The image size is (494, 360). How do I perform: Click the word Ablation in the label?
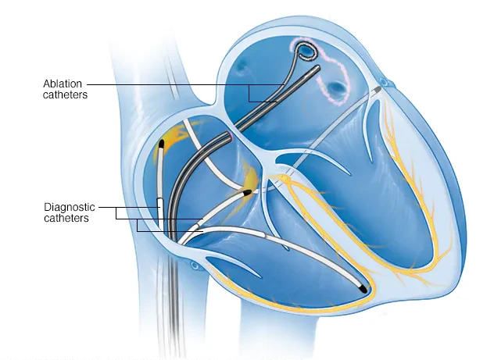[x=63, y=84]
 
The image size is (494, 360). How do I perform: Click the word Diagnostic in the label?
[x=70, y=207]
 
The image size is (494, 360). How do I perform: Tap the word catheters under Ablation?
[x=65, y=94]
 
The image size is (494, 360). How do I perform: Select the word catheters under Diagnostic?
[x=66, y=218]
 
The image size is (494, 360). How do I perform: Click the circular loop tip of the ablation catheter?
[x=306, y=52]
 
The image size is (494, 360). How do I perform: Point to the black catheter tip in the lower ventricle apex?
[x=363, y=289]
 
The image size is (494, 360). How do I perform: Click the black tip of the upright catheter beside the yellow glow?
[x=162, y=144]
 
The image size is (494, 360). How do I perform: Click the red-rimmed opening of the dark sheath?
[x=231, y=136]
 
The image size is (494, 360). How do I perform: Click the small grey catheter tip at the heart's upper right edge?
[x=378, y=89]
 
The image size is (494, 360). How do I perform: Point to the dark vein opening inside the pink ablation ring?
[x=335, y=87]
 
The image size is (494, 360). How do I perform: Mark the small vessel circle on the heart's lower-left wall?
[x=195, y=266]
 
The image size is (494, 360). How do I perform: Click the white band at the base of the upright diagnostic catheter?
[x=161, y=214]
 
